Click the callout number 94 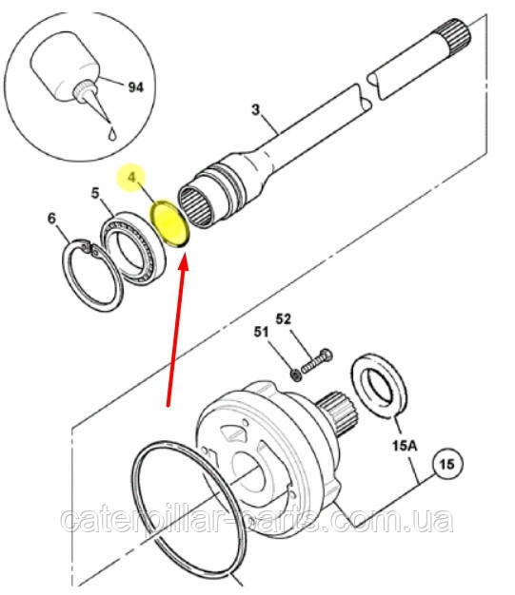136,87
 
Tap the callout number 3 256,109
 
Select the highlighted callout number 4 131,177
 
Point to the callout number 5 95,193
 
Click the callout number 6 51,219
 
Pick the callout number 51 261,332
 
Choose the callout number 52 283,318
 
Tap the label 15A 405,446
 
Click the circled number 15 447,464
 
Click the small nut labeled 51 296,375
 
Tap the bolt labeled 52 317,361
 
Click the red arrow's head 184,261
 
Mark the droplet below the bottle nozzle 112,134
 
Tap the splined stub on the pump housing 338,413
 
